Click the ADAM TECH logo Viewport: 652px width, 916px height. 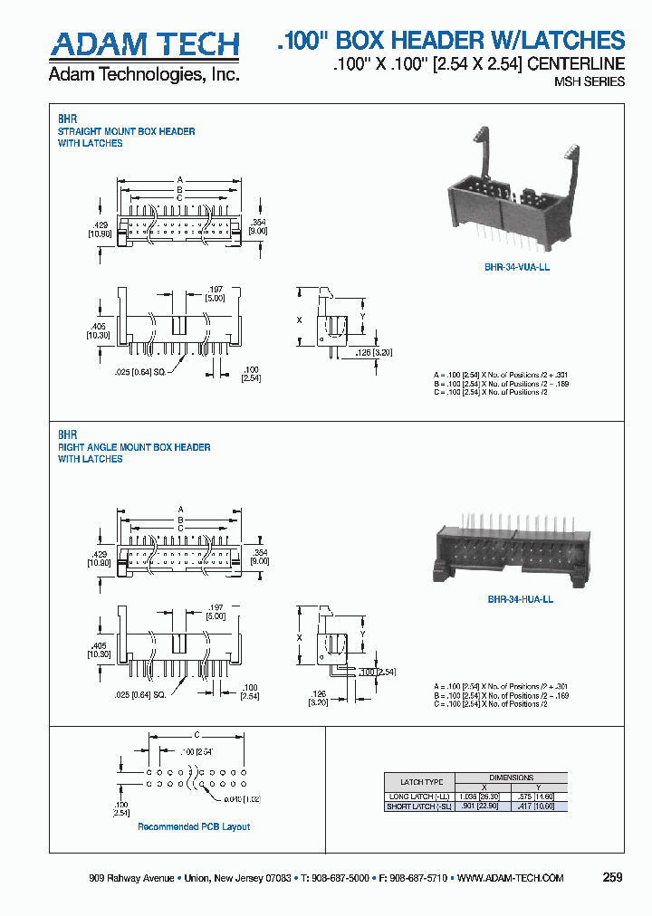point(144,43)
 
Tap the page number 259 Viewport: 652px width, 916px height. point(612,877)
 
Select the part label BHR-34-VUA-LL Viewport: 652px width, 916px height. point(517,268)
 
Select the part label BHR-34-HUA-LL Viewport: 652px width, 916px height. point(520,599)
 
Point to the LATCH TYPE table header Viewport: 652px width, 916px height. point(421,782)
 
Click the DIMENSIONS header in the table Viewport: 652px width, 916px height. point(512,778)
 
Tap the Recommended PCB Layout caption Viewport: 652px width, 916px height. point(194,826)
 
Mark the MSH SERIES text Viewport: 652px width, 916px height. point(589,81)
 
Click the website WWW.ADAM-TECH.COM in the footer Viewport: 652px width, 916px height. point(511,878)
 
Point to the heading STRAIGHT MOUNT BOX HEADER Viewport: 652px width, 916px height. point(127,131)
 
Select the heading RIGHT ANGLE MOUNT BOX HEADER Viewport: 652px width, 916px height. point(134,447)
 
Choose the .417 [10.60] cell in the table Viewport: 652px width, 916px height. point(540,806)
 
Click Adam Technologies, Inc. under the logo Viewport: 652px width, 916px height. point(144,75)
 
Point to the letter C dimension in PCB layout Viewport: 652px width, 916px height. point(197,735)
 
